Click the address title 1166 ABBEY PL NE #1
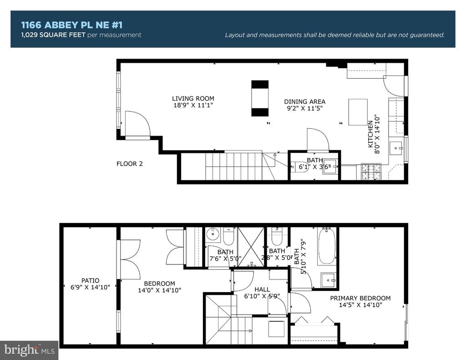[x=71, y=25]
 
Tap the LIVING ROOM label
[x=193, y=98]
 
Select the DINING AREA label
[x=304, y=101]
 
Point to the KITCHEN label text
[x=370, y=134]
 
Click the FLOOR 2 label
[x=130, y=164]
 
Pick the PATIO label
[x=91, y=280]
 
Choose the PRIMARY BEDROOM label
[x=360, y=298]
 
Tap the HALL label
[x=262, y=289]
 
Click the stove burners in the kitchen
[x=371, y=172]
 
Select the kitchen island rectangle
[x=358, y=112]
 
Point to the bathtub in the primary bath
[x=327, y=246]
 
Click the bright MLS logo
[x=29, y=350]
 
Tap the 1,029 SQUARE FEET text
[x=53, y=35]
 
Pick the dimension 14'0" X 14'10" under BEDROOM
[x=160, y=290]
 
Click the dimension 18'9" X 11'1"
[x=193, y=105]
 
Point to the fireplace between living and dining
[x=260, y=98]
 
